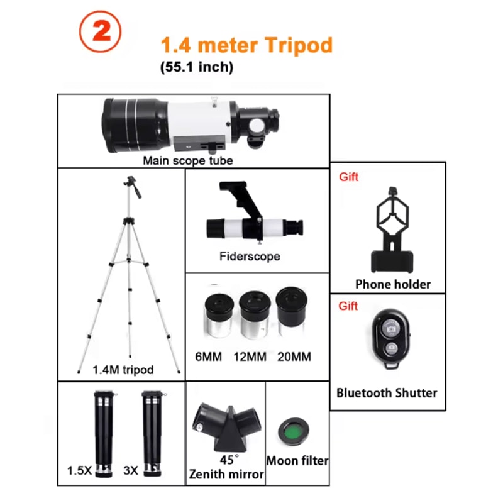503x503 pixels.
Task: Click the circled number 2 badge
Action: coord(100,31)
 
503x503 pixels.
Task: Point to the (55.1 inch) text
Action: coord(197,67)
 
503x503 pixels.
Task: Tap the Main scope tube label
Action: coord(187,160)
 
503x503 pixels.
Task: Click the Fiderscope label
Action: coord(250,256)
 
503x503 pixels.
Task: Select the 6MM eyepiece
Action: coord(219,316)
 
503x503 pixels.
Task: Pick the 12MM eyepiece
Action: coord(255,314)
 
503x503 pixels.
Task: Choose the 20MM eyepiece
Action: coord(291,311)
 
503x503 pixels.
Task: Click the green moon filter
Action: coord(294,431)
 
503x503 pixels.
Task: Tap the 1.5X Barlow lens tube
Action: coord(103,434)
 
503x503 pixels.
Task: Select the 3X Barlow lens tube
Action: coord(152,434)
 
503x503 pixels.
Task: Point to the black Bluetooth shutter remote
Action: coord(391,338)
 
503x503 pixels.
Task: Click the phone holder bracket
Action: coord(392,229)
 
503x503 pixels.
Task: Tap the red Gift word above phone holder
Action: coord(348,177)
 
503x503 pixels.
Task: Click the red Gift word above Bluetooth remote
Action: coord(348,306)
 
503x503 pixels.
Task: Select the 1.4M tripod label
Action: coord(123,370)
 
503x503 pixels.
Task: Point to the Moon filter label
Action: coord(297,461)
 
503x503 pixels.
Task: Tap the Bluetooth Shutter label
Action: coord(387,393)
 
